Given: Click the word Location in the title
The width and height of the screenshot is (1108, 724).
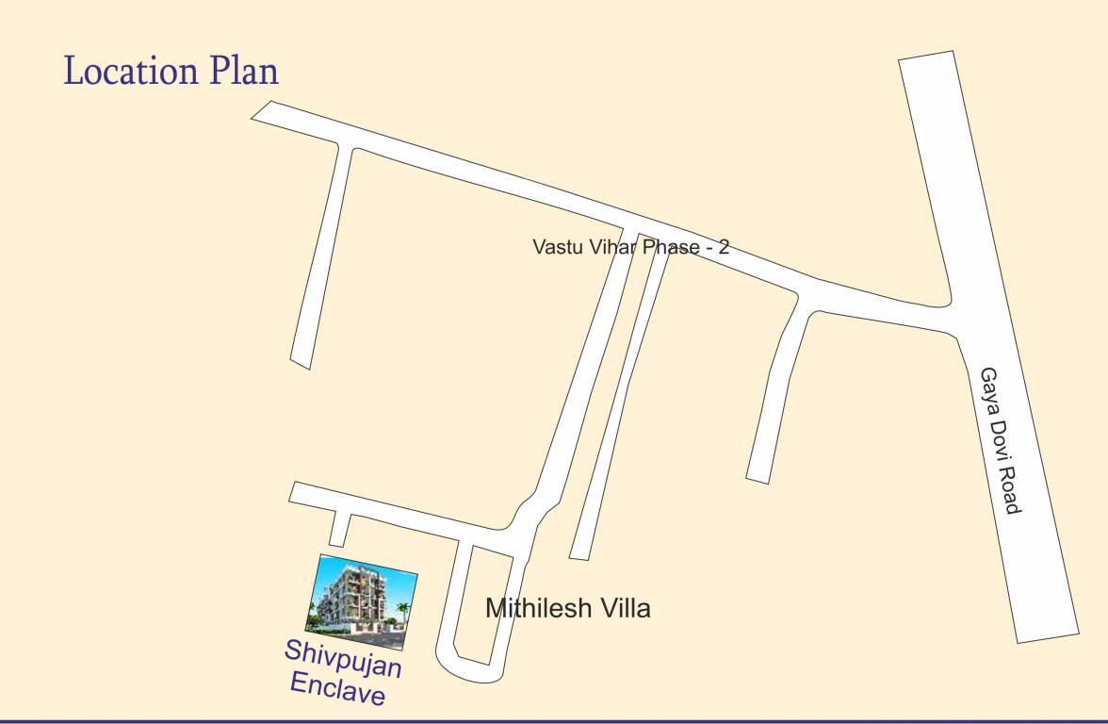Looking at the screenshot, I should pyautogui.click(x=129, y=72).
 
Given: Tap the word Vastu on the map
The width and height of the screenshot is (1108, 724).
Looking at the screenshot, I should pyautogui.click(x=556, y=248).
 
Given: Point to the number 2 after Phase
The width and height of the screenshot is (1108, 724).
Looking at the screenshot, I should pyautogui.click(x=724, y=248).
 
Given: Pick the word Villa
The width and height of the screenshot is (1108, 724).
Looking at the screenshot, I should pyautogui.click(x=623, y=608).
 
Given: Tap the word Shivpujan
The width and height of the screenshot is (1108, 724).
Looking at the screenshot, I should pyautogui.click(x=343, y=659).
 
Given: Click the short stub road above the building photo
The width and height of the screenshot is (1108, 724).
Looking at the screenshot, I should pyautogui.click(x=340, y=529).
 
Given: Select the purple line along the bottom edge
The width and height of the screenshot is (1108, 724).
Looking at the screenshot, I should pyautogui.click(x=554, y=721).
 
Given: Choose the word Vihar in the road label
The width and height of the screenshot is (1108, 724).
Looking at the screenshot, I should pyautogui.click(x=609, y=248).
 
